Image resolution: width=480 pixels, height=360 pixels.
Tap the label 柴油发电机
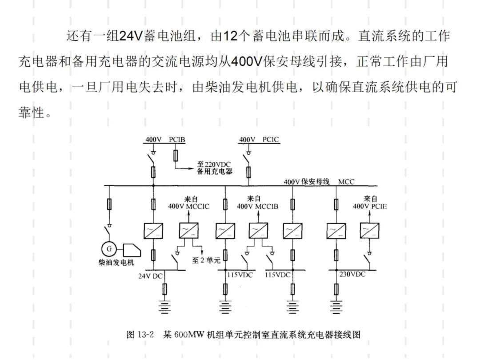pos(116,263)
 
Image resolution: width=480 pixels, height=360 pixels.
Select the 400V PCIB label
pos(165,140)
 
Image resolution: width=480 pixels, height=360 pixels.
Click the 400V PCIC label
pos(259,140)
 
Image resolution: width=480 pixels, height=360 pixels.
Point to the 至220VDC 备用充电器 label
pos(215,168)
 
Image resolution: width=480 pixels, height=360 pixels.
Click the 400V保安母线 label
pos(306,181)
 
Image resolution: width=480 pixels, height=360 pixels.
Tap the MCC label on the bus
pos(346,182)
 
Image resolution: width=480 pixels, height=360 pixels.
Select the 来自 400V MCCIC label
pos(188,203)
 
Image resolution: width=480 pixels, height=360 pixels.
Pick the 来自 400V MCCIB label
pos(257,203)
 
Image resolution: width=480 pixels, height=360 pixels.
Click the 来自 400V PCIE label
pos(370,203)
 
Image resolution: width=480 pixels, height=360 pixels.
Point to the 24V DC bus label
pos(150,276)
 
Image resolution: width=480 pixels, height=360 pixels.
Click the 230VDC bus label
pos(352,274)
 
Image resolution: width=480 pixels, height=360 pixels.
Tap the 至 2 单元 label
pos(206,260)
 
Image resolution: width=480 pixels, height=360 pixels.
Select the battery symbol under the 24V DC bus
pos(164,307)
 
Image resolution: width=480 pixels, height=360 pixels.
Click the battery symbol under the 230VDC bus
pos(336,307)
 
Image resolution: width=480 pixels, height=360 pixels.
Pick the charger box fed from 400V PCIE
pos(369,231)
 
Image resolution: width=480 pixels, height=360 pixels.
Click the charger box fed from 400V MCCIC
pos(188,231)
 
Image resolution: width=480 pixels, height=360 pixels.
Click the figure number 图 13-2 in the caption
pos(140,334)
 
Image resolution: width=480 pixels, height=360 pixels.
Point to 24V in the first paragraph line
pos(131,36)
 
